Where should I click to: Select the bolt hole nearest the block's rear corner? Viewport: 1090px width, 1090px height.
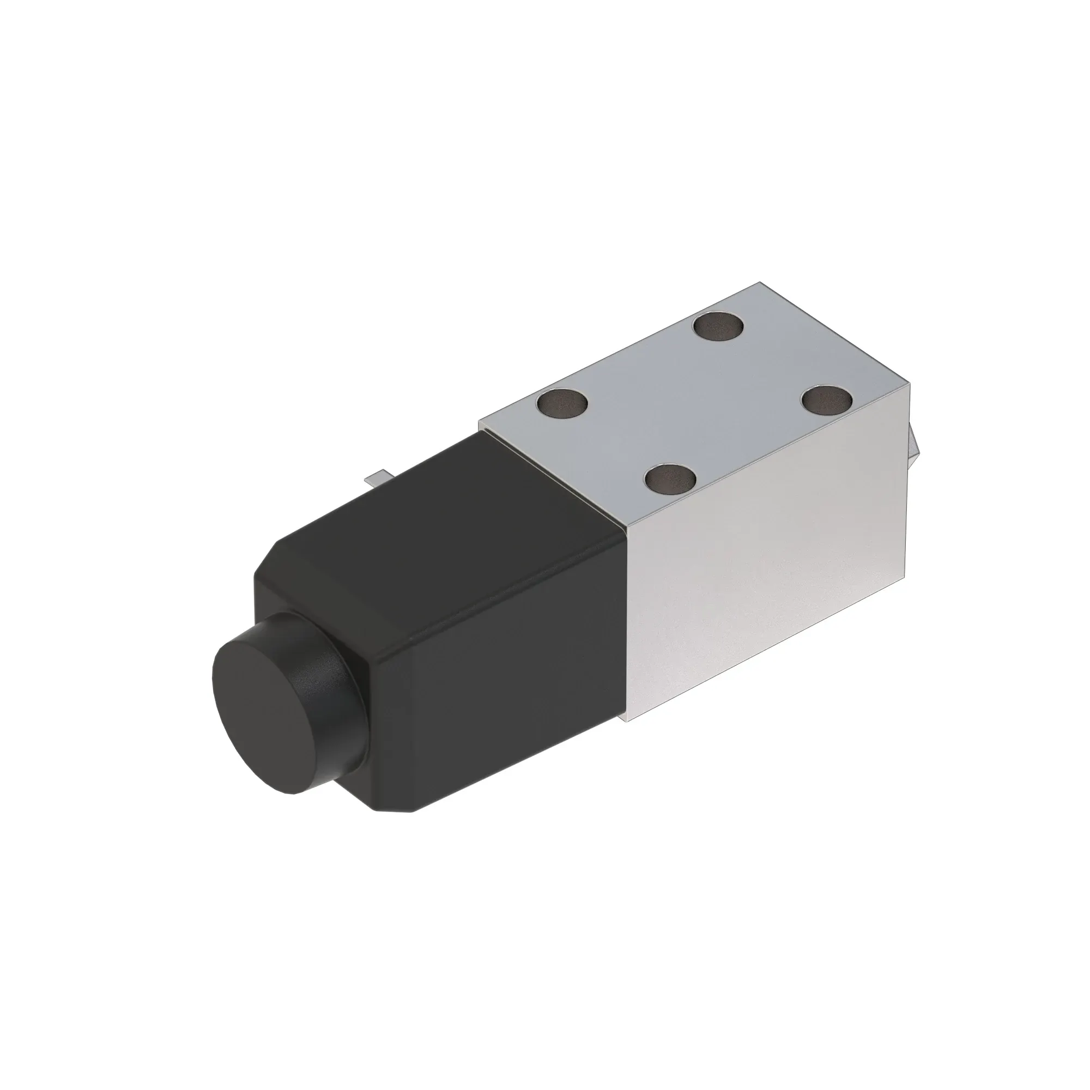pos(718,328)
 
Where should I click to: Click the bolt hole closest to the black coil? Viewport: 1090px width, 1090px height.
pos(562,404)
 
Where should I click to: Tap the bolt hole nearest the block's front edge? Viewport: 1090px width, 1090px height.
pos(671,480)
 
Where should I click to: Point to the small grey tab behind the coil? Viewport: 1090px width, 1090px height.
pos(373,480)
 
